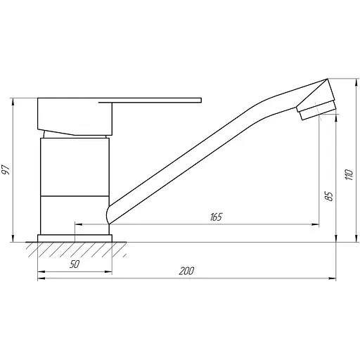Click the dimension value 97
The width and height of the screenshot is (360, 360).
pos(7,169)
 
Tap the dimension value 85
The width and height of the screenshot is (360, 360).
pos(328,195)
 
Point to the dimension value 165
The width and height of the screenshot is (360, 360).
pos(215,217)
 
